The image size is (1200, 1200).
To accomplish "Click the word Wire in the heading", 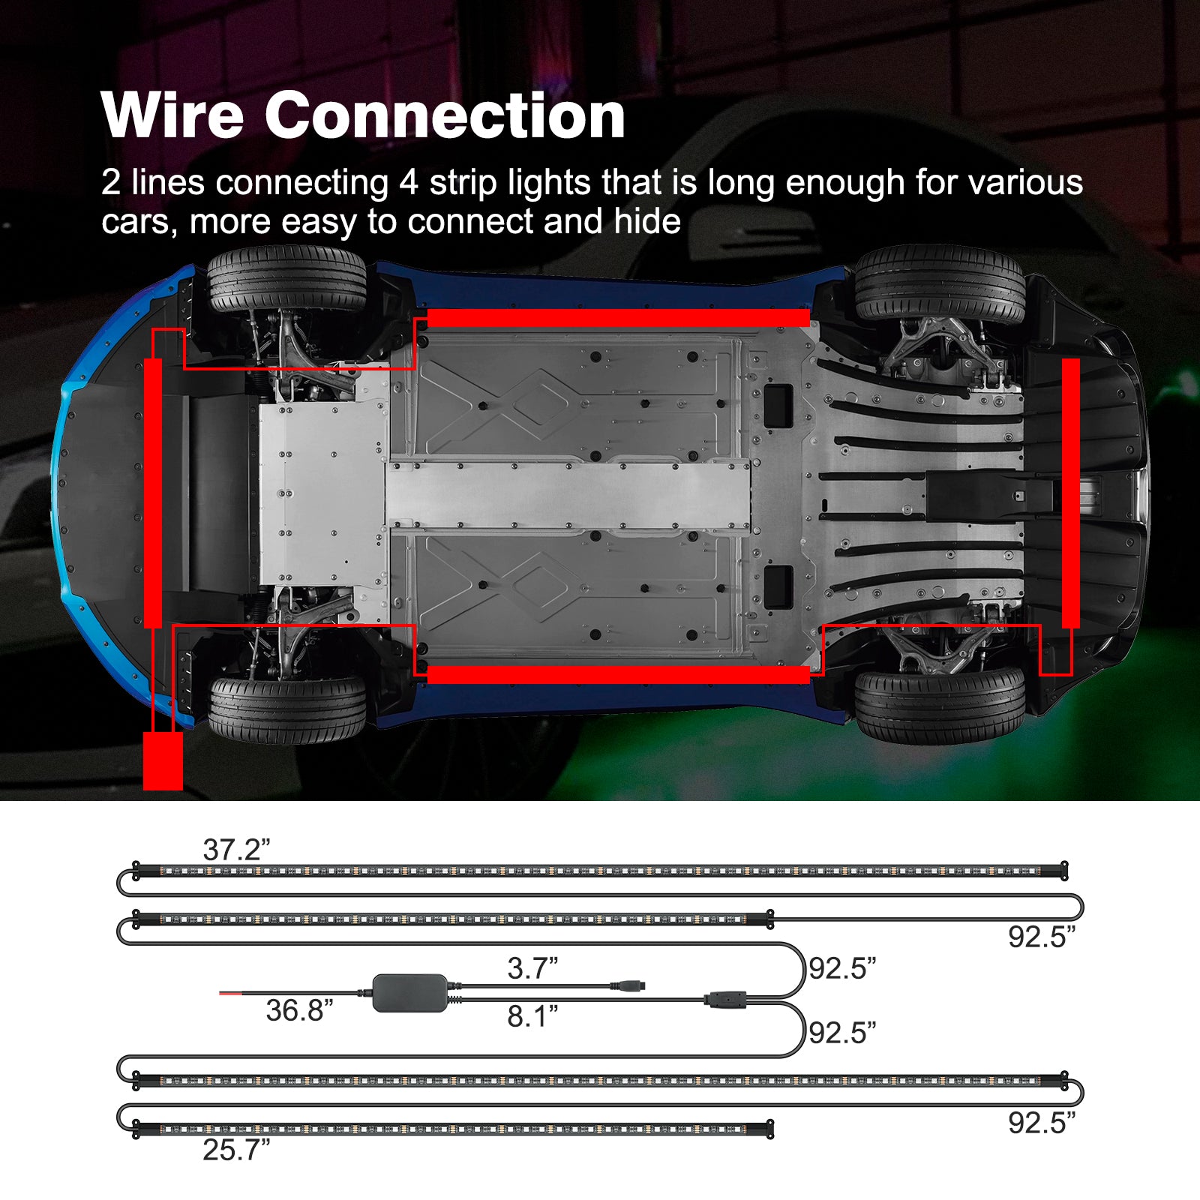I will point(172,115).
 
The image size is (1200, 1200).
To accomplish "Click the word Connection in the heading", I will point(445,115).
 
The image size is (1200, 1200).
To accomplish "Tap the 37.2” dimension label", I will point(236,850).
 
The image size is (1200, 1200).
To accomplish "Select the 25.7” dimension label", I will point(236,1149).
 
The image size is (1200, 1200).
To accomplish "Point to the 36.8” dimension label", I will point(299,1010).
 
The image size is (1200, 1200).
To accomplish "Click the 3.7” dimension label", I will point(532,968).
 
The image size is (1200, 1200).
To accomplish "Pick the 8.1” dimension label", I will point(532,1016).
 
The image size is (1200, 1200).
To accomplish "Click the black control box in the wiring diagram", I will point(410,993).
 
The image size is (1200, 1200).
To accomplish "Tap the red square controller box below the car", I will point(163,760).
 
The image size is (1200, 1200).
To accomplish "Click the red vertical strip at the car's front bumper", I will point(153,493).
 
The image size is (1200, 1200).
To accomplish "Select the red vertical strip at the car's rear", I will point(1070,493).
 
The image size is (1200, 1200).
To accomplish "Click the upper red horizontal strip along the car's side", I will point(618,318).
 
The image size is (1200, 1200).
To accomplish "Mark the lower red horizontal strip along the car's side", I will point(618,674).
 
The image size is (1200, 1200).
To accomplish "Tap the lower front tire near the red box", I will point(286,709).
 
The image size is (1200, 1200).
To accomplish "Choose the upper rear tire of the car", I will point(939,285).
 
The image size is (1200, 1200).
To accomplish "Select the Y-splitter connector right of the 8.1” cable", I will point(724,999).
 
